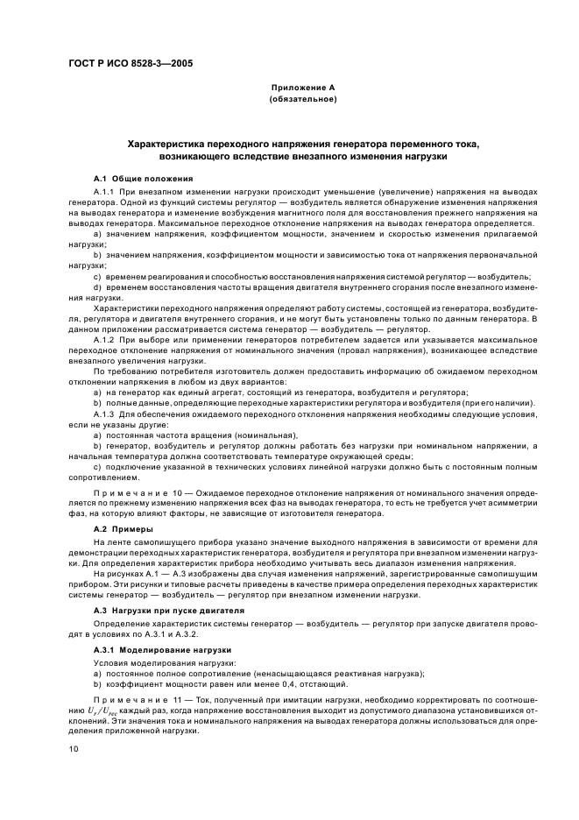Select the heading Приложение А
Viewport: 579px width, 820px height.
coord(302,88)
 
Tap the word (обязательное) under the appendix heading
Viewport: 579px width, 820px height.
coord(302,99)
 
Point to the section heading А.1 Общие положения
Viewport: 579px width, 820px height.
coord(137,178)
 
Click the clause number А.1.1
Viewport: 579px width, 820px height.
coord(104,190)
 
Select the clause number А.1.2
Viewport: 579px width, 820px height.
coord(104,338)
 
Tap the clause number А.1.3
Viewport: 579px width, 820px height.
coord(104,414)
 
